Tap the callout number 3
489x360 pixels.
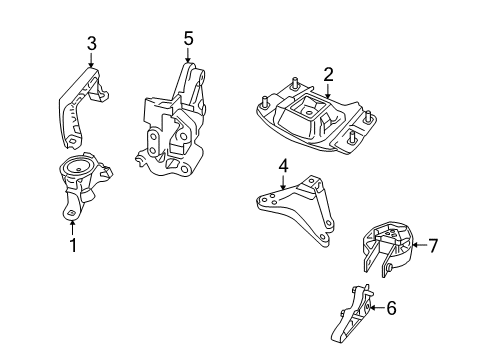pos(91,43)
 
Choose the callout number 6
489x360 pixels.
pos(391,309)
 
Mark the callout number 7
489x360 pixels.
pos(433,243)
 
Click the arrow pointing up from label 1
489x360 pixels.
pos(71,225)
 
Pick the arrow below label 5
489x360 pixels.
pos(187,57)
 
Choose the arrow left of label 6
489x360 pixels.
pos(372,309)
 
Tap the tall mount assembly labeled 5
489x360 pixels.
pos(176,125)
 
